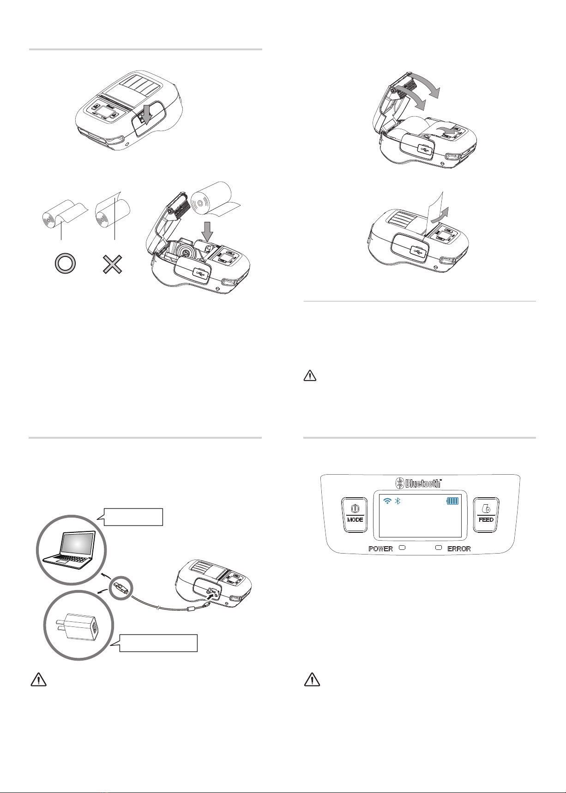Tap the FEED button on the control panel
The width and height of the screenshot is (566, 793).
pos(486,514)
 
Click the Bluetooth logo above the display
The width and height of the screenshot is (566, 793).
pos(419,483)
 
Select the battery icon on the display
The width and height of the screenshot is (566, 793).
pos(453,501)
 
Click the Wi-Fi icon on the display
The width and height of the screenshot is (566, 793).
pos(388,501)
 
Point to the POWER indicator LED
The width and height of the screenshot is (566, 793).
pos(401,548)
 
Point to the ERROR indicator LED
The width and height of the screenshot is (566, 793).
pos(439,548)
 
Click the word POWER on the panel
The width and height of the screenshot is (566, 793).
pos(380,549)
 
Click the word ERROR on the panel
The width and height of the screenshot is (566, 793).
pos(459,549)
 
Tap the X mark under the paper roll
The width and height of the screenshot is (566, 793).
pos(113,264)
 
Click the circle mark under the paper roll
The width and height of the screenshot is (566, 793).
pos(65,264)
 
